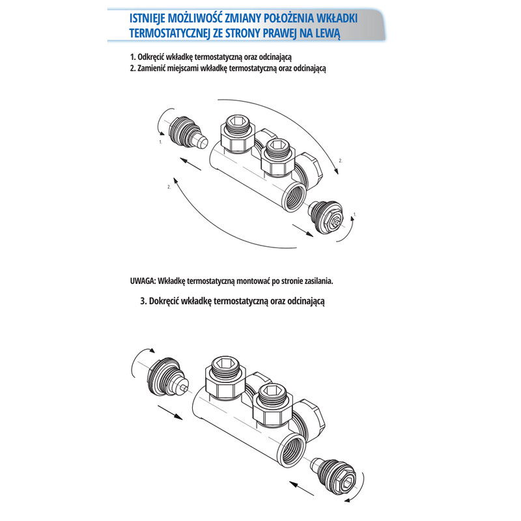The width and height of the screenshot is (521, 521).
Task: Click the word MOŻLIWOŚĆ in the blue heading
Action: (193, 18)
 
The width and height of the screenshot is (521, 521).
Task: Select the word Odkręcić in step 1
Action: (151, 57)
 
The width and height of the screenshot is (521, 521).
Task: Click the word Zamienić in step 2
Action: (152, 68)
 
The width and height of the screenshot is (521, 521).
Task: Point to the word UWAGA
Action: (143, 281)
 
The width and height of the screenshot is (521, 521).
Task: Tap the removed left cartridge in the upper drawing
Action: (188, 133)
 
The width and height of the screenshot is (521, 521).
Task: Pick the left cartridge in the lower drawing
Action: (169, 378)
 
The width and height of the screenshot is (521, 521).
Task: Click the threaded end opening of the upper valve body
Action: (294, 197)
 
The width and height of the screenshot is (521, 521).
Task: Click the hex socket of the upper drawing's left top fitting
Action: (238, 121)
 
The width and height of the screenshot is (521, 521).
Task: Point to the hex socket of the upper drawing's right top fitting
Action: (276, 145)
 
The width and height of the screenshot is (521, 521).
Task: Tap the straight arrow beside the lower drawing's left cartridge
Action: (170, 412)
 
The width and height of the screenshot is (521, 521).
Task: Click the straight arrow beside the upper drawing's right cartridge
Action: (303, 231)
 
